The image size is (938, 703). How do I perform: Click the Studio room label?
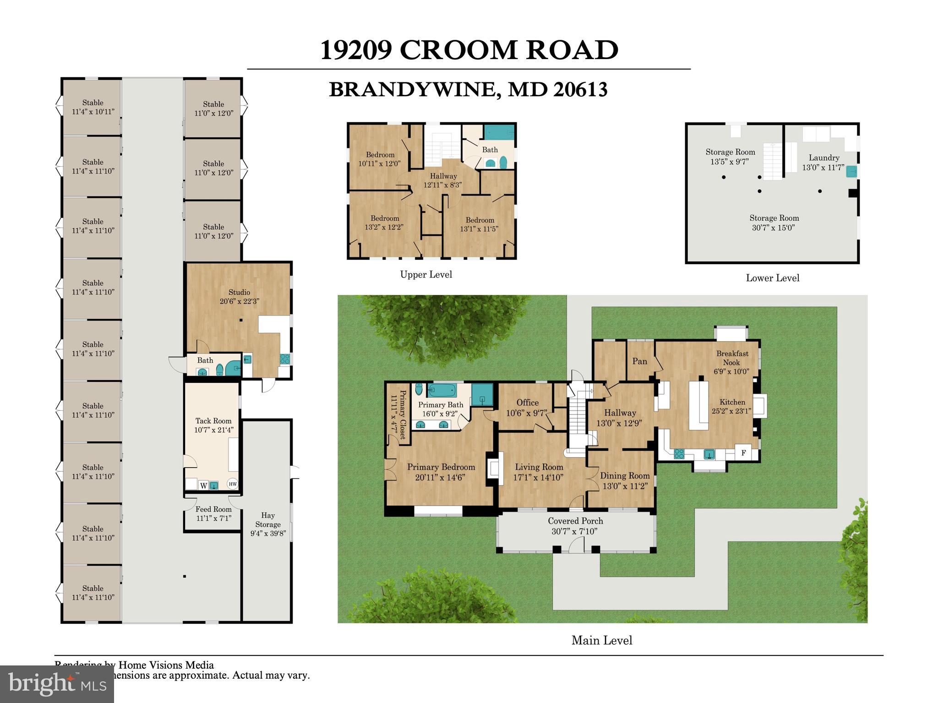tap(239, 292)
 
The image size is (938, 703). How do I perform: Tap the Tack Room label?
tap(213, 421)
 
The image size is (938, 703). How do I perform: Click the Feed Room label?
tap(213, 509)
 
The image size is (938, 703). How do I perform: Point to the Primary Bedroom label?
tap(441, 467)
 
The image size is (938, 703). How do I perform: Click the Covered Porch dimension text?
tap(575, 532)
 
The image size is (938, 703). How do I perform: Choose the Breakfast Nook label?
tap(732, 358)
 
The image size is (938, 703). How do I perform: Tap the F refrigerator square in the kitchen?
tap(743, 453)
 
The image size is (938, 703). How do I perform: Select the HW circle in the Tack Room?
tap(233, 484)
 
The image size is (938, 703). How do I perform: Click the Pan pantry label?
tap(639, 361)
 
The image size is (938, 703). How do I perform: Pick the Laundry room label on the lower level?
tap(823, 158)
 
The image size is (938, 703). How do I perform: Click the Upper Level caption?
tap(426, 274)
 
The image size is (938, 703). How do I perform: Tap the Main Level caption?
tap(601, 640)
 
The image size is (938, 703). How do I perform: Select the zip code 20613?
tap(580, 90)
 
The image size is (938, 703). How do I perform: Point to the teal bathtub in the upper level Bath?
tap(499, 132)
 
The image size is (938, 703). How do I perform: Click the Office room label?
tap(527, 403)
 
